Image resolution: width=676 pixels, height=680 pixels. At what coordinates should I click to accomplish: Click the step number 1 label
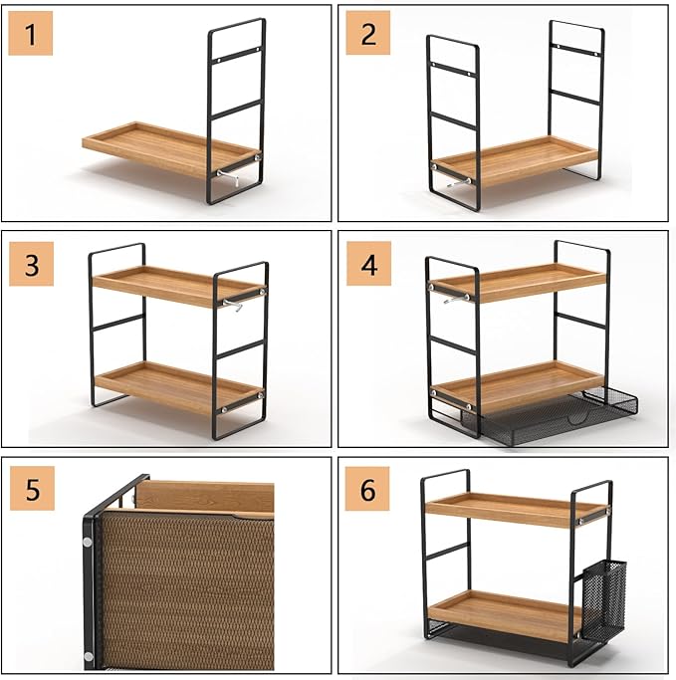(30, 34)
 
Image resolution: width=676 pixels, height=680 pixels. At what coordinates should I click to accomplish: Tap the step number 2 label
(367, 33)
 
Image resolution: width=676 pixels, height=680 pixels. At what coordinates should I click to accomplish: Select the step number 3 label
(31, 264)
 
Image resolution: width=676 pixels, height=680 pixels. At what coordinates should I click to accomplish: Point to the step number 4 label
(368, 264)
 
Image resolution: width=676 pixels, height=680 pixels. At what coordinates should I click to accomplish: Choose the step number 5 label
(32, 488)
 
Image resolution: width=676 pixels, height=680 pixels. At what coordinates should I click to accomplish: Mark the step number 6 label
(367, 489)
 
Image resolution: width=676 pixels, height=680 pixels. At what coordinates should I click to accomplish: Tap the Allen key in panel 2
(458, 182)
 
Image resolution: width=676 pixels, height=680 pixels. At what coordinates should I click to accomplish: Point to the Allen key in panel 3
(233, 305)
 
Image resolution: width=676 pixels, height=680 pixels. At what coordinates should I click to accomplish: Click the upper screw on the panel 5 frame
(88, 542)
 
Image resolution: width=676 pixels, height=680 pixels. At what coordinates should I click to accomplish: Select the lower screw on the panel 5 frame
(88, 656)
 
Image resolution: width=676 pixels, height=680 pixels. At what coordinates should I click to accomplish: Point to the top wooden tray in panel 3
(178, 286)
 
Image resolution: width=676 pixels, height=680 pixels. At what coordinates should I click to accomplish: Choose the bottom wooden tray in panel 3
(178, 386)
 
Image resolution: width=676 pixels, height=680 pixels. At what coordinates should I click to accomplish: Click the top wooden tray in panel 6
(518, 509)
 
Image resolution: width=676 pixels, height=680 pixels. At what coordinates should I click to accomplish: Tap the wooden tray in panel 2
(516, 161)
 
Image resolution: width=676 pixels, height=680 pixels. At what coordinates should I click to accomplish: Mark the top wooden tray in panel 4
(519, 283)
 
